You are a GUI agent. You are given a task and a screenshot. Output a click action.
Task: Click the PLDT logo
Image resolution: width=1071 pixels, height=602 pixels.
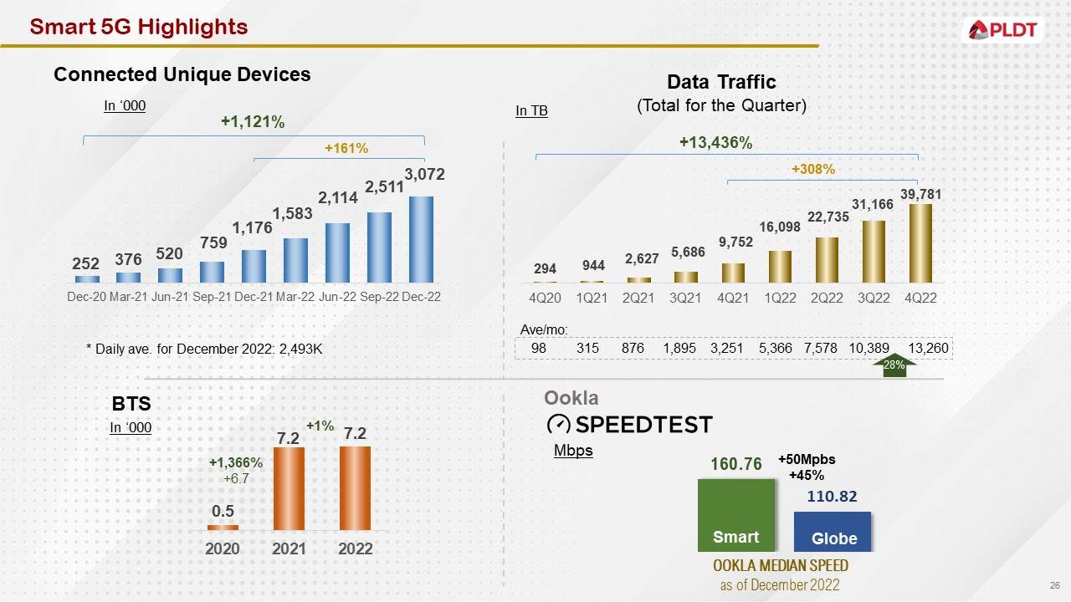pyautogui.click(x=1002, y=31)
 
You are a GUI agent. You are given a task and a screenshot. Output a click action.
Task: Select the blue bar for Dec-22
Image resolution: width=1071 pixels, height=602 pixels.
pyautogui.click(x=421, y=239)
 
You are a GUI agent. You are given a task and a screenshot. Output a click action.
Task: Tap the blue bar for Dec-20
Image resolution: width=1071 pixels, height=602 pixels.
pyautogui.click(x=86, y=278)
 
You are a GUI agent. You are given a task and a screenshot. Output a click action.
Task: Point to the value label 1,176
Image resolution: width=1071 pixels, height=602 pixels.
pyautogui.click(x=249, y=228)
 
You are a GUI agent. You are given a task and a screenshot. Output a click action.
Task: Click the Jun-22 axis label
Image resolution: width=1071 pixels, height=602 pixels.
pyautogui.click(x=337, y=297)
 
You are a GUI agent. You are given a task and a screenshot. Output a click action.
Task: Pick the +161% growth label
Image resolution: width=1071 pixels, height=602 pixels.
pyautogui.click(x=346, y=148)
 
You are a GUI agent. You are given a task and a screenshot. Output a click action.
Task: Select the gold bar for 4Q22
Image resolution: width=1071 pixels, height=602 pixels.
pyautogui.click(x=920, y=243)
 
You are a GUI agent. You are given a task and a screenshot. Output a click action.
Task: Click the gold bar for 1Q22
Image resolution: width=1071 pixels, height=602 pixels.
pyautogui.click(x=780, y=266)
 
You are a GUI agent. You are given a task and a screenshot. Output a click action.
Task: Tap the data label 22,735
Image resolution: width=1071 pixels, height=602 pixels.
pyautogui.click(x=828, y=217)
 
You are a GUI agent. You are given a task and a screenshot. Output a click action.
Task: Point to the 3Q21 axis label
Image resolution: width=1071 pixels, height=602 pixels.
pyautogui.click(x=686, y=298)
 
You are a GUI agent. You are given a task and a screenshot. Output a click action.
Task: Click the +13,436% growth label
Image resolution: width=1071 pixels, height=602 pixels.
pyautogui.click(x=715, y=143)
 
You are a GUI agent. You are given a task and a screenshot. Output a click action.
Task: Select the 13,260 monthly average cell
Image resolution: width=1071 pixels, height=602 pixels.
pyautogui.click(x=928, y=348)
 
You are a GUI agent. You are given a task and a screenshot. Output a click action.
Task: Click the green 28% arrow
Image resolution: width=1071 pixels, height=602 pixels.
pyautogui.click(x=894, y=365)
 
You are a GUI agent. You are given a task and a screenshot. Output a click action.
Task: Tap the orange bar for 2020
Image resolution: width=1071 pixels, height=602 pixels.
pyautogui.click(x=223, y=527)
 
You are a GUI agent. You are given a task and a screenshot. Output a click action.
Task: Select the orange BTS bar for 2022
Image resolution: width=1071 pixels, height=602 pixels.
pyautogui.click(x=355, y=487)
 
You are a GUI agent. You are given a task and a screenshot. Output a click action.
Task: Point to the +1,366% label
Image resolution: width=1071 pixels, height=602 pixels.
pyautogui.click(x=236, y=462)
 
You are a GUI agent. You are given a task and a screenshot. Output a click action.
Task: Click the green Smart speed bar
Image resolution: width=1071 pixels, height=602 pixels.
pyautogui.click(x=736, y=514)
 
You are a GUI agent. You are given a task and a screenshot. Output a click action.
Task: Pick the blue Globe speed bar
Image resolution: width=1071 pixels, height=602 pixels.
pyautogui.click(x=833, y=531)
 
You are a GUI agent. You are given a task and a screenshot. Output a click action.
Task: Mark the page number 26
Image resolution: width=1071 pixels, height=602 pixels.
pyautogui.click(x=1054, y=584)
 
